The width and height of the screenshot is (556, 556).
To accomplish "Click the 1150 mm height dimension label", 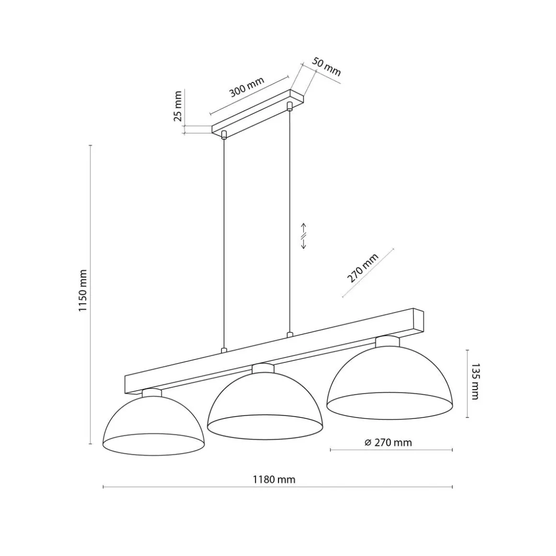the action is (x=82, y=290).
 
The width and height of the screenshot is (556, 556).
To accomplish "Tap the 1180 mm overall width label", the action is (x=274, y=480).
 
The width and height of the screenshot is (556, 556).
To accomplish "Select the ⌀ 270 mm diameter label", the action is (x=388, y=442).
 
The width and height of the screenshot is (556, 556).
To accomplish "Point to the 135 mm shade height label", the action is (x=475, y=382).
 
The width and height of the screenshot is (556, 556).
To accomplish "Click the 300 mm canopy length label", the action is (x=247, y=87).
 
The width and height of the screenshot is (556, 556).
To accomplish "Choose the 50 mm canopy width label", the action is (x=326, y=67).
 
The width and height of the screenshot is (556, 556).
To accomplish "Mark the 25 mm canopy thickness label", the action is (x=178, y=106).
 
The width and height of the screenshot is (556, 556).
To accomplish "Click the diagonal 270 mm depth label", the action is (x=362, y=268).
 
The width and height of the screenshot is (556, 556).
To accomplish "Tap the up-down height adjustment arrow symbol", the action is (x=303, y=236).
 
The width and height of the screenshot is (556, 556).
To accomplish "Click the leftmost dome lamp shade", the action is (x=154, y=422).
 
